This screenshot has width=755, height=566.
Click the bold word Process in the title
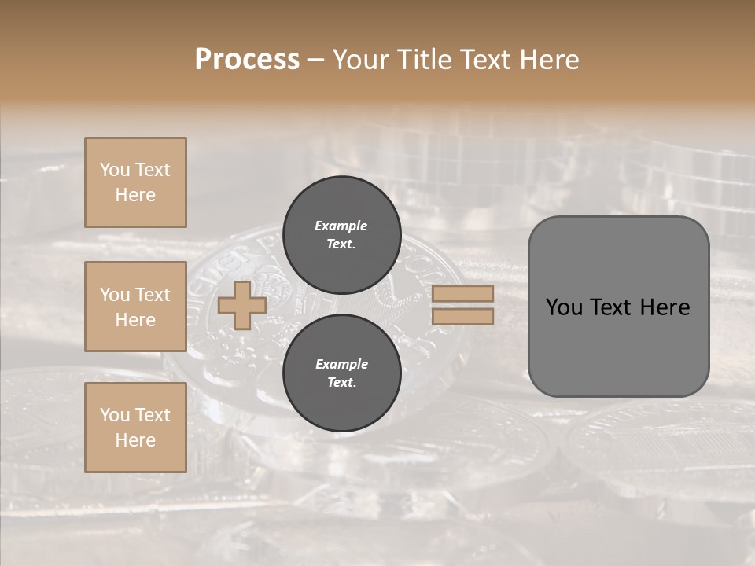tap(247, 60)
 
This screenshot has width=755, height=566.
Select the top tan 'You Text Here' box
tap(135, 182)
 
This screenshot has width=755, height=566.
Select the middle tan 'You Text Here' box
tap(135, 307)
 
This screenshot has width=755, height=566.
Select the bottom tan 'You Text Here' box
tap(135, 428)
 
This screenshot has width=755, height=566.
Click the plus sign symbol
tap(242, 305)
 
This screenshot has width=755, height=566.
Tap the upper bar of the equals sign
tap(462, 294)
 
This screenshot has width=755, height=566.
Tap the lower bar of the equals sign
tap(462, 316)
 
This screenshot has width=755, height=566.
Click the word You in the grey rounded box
tap(564, 307)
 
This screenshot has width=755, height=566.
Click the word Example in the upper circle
tap(341, 226)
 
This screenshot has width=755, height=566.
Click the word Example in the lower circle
tap(341, 364)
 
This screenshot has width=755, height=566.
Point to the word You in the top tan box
tap(115, 170)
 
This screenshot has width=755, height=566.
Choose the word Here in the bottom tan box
tap(135, 440)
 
